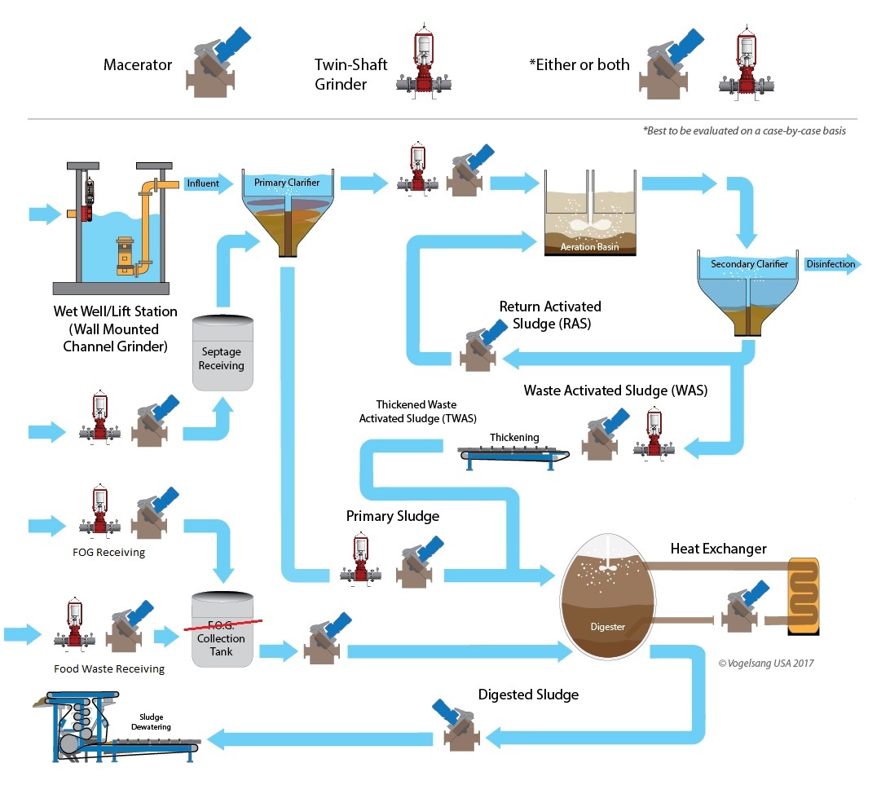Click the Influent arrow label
203,183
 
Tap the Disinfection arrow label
830,263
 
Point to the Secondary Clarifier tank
749,289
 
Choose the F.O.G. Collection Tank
221,631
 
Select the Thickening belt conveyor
513,452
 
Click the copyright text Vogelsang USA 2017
765,663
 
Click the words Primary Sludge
392,516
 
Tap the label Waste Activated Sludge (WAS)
615,390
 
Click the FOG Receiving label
110,552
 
